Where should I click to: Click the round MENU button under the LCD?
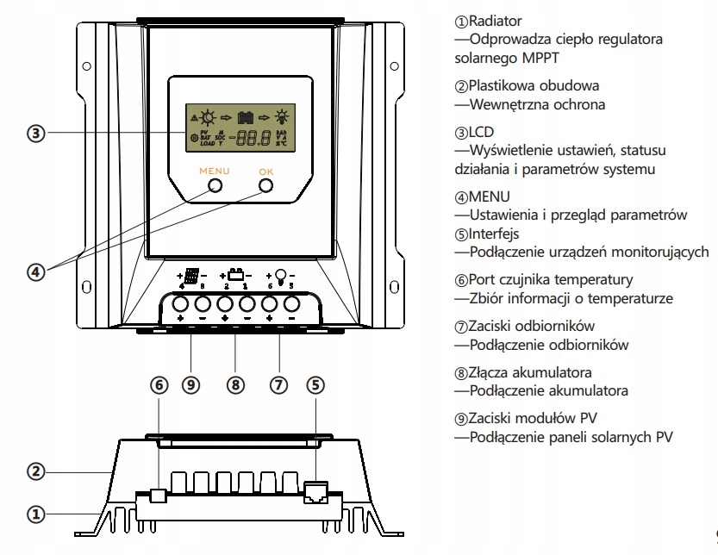pyautogui.click(x=215, y=186)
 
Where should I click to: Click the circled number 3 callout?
pyautogui.click(x=35, y=134)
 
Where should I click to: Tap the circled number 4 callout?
pyautogui.click(x=35, y=271)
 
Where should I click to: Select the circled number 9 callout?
pyautogui.click(x=191, y=385)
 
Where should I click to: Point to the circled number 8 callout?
pyautogui.click(x=234, y=385)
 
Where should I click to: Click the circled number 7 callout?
pyautogui.click(x=278, y=385)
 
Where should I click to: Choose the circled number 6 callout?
pyautogui.click(x=159, y=385)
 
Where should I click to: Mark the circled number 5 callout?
pyautogui.click(x=315, y=385)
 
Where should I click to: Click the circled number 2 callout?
pyautogui.click(x=35, y=471)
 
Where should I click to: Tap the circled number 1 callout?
pyautogui.click(x=35, y=514)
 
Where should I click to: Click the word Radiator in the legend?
pyautogui.click(x=495, y=20)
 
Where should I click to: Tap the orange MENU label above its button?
pyautogui.click(x=215, y=171)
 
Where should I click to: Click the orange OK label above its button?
pyautogui.click(x=265, y=171)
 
